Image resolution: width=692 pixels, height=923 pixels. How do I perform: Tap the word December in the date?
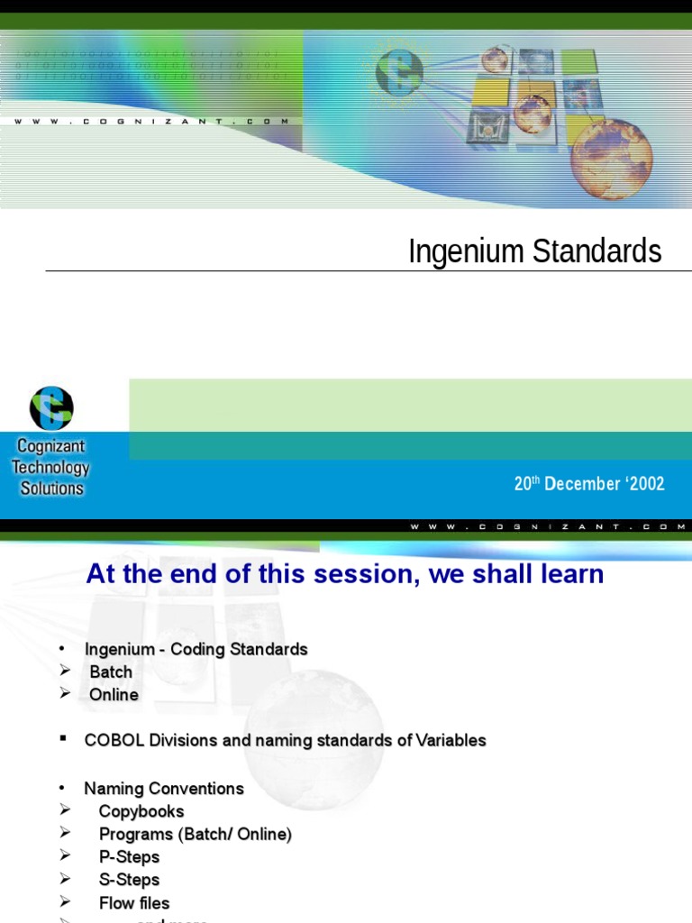[x=582, y=484]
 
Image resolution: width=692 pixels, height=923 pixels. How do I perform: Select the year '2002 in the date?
[x=645, y=484]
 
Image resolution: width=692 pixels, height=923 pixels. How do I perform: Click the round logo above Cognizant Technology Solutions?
[x=51, y=407]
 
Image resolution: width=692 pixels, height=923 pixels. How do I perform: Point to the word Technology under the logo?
[x=50, y=468]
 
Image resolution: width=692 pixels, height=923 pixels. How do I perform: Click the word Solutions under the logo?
[x=51, y=489]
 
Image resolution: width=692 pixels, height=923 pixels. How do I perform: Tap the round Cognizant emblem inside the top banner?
[x=398, y=70]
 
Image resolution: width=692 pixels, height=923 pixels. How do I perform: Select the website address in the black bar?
[x=550, y=526]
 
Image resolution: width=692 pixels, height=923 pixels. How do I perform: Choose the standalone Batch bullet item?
[x=111, y=672]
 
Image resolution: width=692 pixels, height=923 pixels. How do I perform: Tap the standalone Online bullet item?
[x=114, y=695]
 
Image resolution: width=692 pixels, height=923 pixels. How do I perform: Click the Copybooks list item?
[x=141, y=812]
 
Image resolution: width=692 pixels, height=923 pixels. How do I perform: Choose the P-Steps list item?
[x=129, y=857]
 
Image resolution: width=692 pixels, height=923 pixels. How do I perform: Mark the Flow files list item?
[x=134, y=903]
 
